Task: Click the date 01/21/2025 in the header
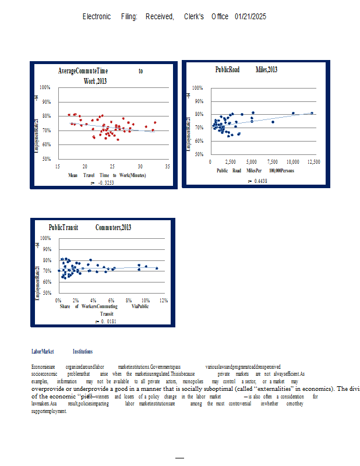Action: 250,16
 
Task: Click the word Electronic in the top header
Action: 97,16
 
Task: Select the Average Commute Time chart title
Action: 101,75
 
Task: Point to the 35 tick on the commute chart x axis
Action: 168,167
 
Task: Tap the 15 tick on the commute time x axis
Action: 57,167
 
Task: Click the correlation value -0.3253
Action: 103,183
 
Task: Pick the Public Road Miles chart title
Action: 246,70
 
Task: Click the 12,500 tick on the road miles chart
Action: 313,161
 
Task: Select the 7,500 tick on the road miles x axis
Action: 272,161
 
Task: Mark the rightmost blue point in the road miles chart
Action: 312,113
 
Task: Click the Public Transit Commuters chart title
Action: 90,227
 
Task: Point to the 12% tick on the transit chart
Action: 164,300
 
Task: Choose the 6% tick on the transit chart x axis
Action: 111,300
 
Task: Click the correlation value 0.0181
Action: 104,321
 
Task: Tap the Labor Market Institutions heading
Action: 62,351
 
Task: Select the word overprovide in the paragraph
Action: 51,389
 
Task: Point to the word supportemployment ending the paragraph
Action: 49,411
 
